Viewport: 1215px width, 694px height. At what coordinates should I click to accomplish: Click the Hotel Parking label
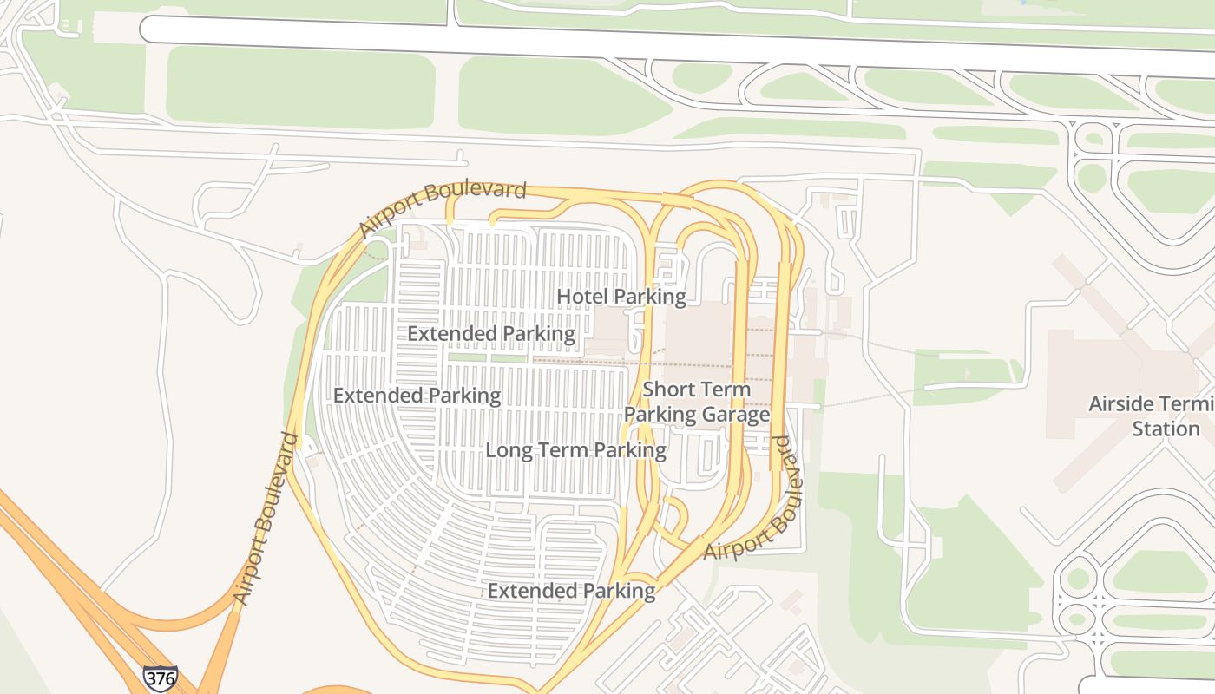pyautogui.click(x=621, y=297)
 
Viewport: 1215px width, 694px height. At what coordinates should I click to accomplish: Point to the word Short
pyautogui.click(x=669, y=390)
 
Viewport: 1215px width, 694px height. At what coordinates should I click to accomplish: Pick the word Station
pyautogui.click(x=1166, y=429)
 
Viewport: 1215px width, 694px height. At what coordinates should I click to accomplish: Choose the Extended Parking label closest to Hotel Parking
pyautogui.click(x=490, y=333)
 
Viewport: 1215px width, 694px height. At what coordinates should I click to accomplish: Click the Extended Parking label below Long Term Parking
pyautogui.click(x=571, y=591)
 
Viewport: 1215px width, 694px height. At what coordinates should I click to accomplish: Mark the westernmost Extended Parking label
pyautogui.click(x=417, y=396)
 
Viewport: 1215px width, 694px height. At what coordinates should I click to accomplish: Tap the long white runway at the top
pyautogui.click(x=607, y=39)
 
